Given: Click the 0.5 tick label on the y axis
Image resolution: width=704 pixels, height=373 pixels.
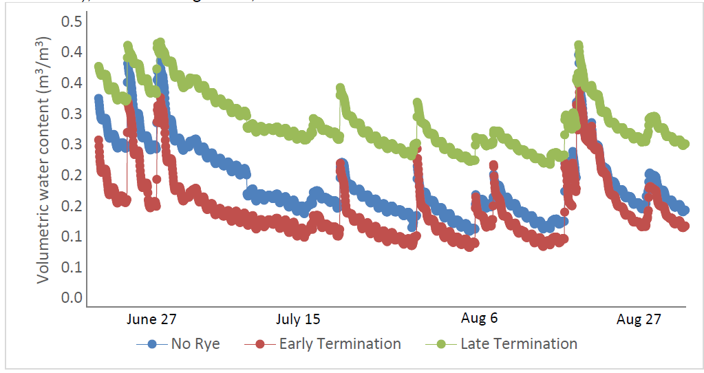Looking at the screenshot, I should tap(72, 21).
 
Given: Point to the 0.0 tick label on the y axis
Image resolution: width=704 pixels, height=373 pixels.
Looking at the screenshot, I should tap(72, 298).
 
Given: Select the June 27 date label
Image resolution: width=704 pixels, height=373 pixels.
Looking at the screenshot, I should tap(151, 319).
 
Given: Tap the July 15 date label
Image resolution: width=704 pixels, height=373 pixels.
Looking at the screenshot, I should tap(298, 319).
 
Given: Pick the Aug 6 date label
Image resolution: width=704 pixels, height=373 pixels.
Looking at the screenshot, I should tap(479, 319).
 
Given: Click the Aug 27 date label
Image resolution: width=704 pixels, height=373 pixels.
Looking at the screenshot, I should tap(639, 319).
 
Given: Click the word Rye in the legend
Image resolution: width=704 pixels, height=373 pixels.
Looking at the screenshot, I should tap(206, 344).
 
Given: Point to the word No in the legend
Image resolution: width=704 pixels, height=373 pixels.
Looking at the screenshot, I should tap(180, 343).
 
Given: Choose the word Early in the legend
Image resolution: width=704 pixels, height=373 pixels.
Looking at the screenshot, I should tap(296, 344).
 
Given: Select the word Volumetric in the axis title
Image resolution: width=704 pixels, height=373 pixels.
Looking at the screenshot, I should tap(43, 246).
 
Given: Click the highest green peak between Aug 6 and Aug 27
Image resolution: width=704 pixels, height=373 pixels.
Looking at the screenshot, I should tap(578, 45).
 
